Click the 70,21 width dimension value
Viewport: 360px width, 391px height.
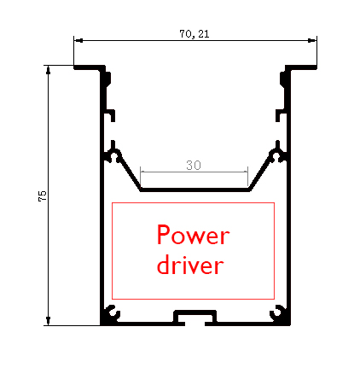coord(195,34)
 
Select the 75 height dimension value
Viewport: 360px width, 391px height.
coord(42,196)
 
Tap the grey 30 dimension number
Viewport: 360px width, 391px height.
coord(194,165)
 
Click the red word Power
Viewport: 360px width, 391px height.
coord(193,235)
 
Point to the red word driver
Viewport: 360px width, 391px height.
coord(190,265)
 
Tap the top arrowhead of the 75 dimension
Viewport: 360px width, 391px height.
coord(48,70)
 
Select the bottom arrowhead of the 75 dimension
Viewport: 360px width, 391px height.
coord(48,321)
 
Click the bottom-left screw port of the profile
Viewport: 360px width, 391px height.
coord(112,313)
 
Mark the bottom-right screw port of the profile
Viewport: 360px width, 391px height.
coord(278,313)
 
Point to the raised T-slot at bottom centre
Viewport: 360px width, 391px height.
coord(195,312)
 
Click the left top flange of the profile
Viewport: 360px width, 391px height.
coord(89,67)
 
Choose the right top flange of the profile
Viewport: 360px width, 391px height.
coord(301,67)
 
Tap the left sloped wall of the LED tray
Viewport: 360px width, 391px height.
coord(129,170)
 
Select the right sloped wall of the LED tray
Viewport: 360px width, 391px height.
coord(260,170)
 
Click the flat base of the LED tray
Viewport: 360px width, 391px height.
coord(195,190)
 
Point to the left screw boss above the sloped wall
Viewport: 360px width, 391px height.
coord(113,155)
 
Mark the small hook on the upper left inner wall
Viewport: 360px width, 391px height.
coord(110,115)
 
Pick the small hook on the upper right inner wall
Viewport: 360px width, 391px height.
coord(281,115)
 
